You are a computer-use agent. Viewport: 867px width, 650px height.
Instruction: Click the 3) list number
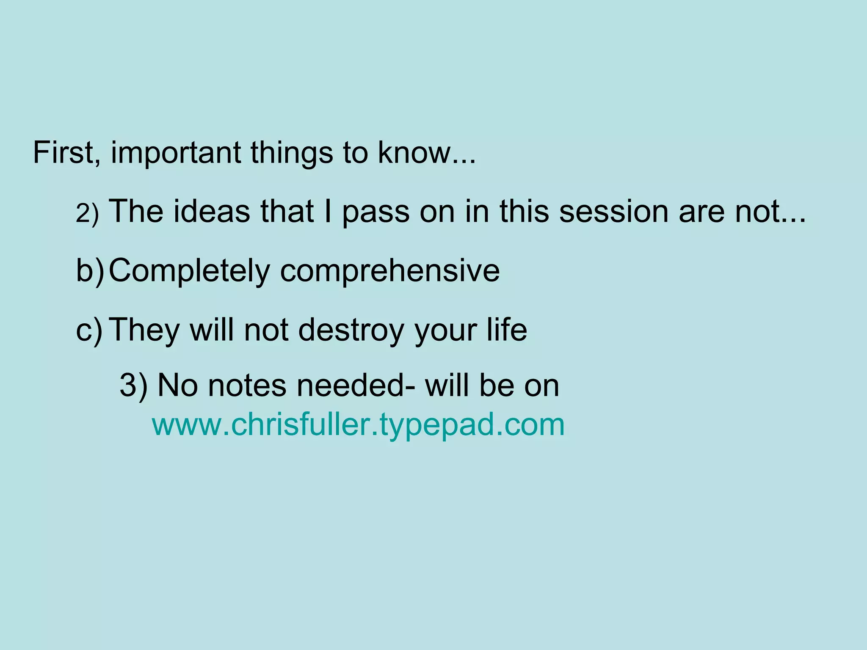(133, 386)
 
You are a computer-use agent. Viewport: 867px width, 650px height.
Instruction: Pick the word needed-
(356, 386)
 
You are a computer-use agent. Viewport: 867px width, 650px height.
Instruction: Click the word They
(144, 331)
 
